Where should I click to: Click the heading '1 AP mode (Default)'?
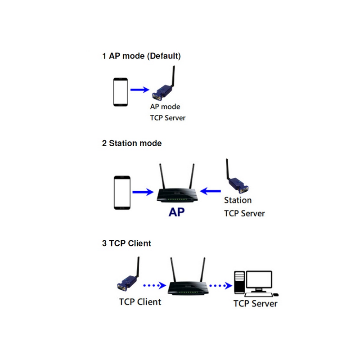click(x=141, y=56)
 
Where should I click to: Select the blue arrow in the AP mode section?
click(x=140, y=90)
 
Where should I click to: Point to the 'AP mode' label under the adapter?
click(x=165, y=107)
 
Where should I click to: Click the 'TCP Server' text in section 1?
click(x=167, y=118)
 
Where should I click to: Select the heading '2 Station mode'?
click(x=132, y=144)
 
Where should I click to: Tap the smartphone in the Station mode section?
click(x=122, y=193)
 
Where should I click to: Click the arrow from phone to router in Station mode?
click(x=143, y=192)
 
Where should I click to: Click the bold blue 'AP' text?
click(x=177, y=212)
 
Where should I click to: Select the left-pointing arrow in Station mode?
click(x=211, y=191)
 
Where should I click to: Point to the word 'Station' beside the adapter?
click(x=238, y=200)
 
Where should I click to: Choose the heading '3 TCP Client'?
click(x=126, y=243)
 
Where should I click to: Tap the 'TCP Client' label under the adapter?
click(x=140, y=301)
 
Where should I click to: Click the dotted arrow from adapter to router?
click(x=154, y=285)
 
